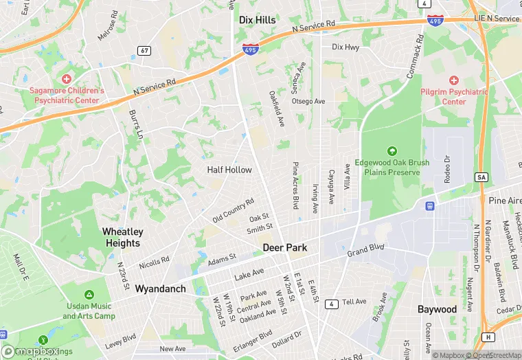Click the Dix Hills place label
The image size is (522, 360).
tap(257, 21)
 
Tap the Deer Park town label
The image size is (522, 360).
tap(284, 247)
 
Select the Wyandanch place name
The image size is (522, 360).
tap(160, 289)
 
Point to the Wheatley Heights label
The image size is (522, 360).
tap(123, 238)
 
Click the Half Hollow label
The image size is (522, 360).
tap(229, 170)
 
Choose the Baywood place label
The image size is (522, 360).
tap(437, 309)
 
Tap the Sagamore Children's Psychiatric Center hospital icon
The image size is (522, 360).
tap(67, 80)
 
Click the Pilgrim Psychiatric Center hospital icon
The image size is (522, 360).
tap(454, 80)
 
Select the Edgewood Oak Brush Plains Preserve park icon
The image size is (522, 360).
tap(391, 151)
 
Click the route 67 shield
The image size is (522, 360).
tap(144, 50)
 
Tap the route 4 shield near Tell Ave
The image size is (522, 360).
tap(330, 303)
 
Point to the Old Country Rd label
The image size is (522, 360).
tap(234, 210)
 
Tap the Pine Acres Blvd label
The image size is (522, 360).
tap(296, 185)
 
